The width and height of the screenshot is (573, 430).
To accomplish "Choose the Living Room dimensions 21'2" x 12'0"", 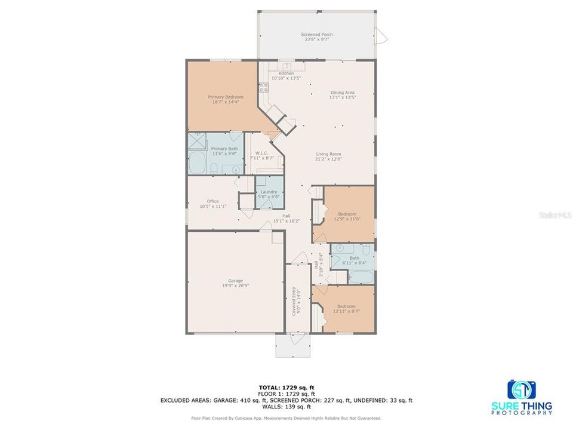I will [329, 159].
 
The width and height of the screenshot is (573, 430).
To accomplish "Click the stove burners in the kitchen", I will [263, 88].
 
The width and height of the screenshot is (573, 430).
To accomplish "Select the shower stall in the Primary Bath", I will [197, 141].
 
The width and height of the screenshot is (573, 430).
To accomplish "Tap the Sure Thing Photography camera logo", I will [522, 389].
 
